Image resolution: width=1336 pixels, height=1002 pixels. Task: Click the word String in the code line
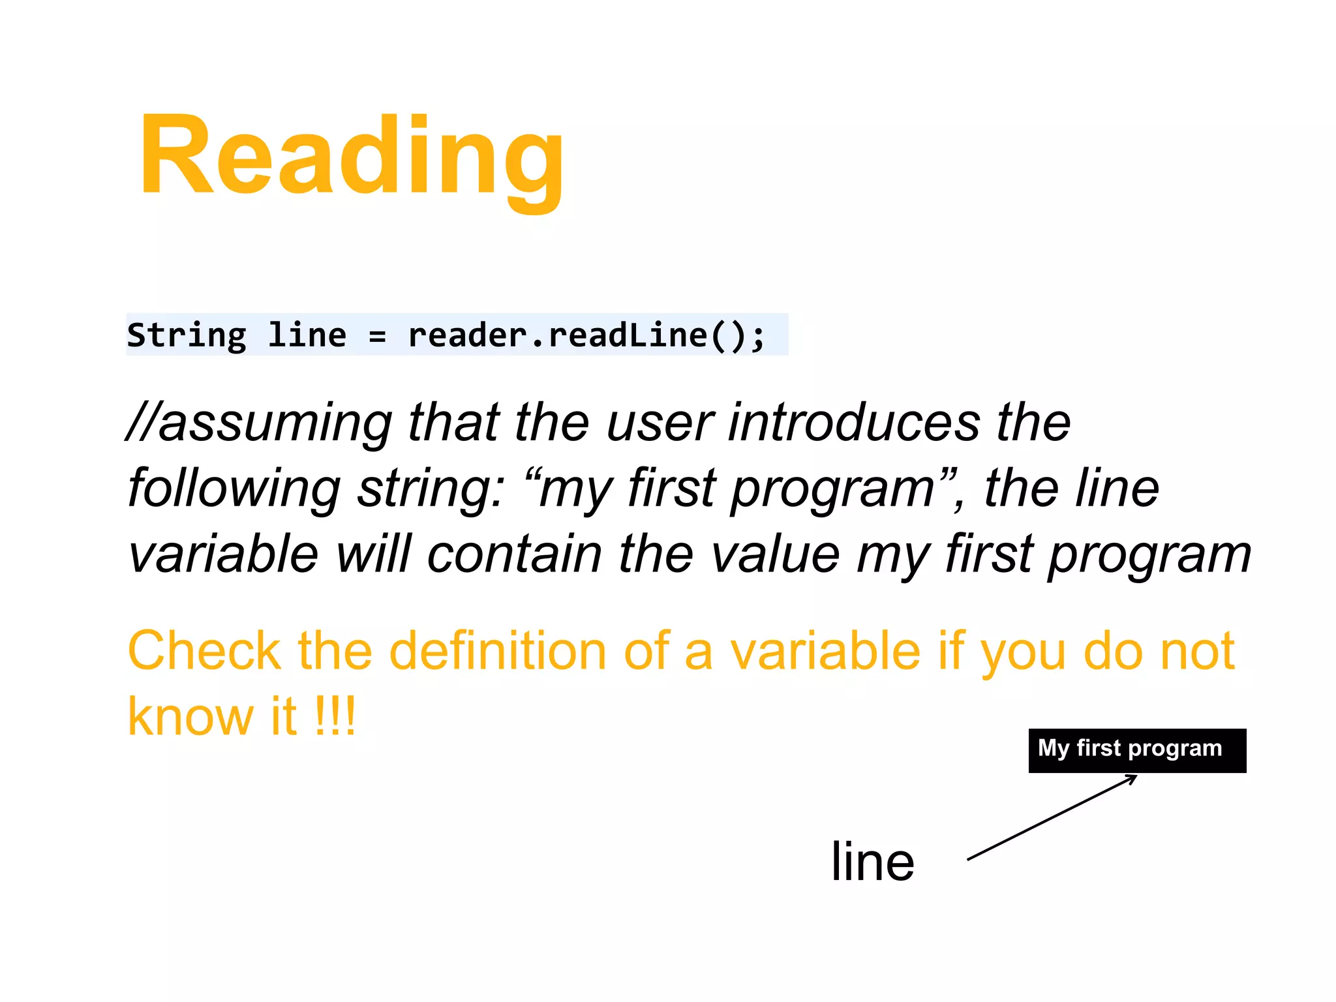[x=187, y=335]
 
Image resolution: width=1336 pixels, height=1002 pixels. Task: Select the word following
[x=234, y=489]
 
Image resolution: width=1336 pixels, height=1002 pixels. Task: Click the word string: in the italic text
[x=431, y=489]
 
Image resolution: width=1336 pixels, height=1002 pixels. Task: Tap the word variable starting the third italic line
[x=223, y=554]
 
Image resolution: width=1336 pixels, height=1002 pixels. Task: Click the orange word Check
[x=204, y=651]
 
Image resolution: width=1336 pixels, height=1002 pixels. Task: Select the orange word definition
[x=497, y=651]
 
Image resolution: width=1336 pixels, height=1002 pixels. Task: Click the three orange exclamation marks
[x=335, y=716]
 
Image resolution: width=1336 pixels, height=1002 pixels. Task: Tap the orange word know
[x=191, y=716]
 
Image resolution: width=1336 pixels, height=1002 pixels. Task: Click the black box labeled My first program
[x=1136, y=750]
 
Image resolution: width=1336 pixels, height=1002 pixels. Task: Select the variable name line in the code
[x=307, y=335]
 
